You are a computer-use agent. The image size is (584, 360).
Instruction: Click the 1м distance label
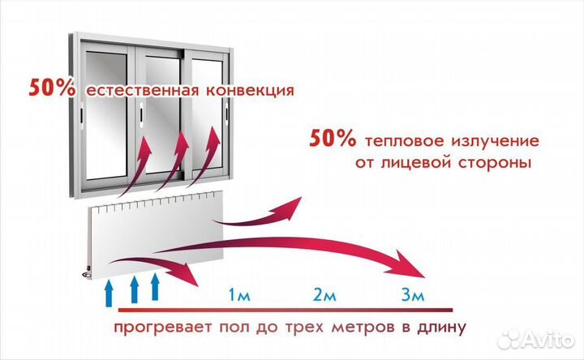point(239,295)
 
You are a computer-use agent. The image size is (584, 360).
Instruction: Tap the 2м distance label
point(324,295)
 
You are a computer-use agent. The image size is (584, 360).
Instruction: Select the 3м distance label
point(413,295)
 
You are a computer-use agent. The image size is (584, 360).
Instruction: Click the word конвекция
point(251,91)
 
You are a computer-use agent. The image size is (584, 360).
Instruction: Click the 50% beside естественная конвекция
point(52,88)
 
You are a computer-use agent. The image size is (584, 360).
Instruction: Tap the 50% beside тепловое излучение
point(333,138)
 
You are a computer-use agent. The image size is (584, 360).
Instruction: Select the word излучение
point(496,141)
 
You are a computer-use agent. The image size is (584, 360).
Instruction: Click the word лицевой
point(415,164)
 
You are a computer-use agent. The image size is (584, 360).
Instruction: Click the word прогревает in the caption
point(163,328)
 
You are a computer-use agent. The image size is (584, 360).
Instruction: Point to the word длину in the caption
point(442,328)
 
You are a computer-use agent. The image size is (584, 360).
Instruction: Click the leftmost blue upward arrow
point(109,294)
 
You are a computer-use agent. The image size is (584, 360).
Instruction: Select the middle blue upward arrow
point(134,289)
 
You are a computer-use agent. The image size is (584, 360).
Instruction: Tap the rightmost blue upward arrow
point(155,286)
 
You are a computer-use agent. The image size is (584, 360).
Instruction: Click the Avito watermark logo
point(536,339)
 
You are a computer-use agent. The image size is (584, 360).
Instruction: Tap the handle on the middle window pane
point(141,114)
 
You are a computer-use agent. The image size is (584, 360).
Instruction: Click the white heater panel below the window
point(156,234)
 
